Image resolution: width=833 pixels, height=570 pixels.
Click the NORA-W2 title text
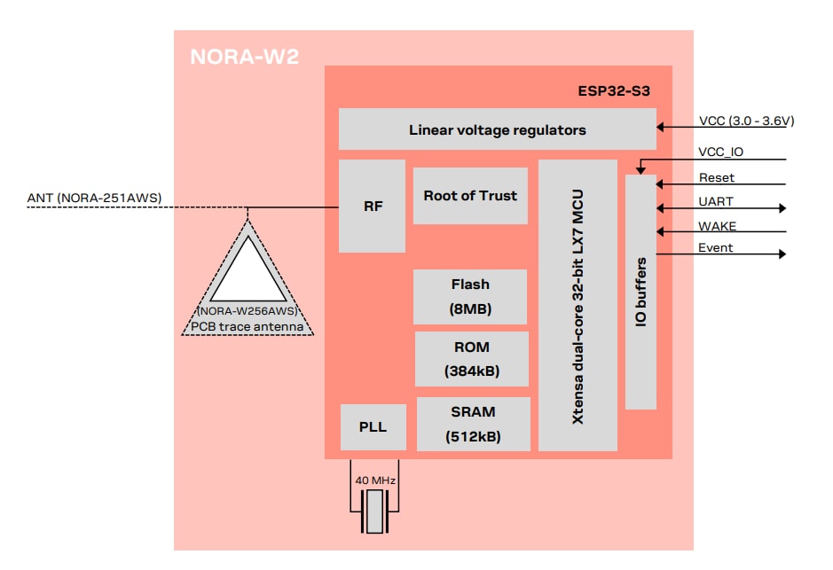coord(244,58)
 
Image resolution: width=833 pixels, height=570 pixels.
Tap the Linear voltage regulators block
coord(497,130)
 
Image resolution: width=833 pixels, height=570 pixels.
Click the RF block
coord(373,207)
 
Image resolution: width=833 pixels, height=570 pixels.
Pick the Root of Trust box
coord(470,196)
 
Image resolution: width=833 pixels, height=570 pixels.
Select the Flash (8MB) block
coord(470,297)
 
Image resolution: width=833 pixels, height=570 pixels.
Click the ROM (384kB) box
coord(471,359)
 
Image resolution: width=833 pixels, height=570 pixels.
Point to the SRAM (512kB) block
coord(473,424)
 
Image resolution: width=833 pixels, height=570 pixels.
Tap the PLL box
coord(373,427)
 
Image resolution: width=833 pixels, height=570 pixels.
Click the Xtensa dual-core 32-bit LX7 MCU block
coord(578,305)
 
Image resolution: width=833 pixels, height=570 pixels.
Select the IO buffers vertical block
coord(640,292)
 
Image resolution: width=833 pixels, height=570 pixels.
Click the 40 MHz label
coord(375,480)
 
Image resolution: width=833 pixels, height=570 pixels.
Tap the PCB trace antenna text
coord(253,327)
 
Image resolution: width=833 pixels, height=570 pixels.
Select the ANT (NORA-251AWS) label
coord(95,197)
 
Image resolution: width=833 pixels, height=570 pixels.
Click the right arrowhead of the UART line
coord(782,208)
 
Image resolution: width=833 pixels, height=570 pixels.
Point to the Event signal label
coord(716,248)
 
